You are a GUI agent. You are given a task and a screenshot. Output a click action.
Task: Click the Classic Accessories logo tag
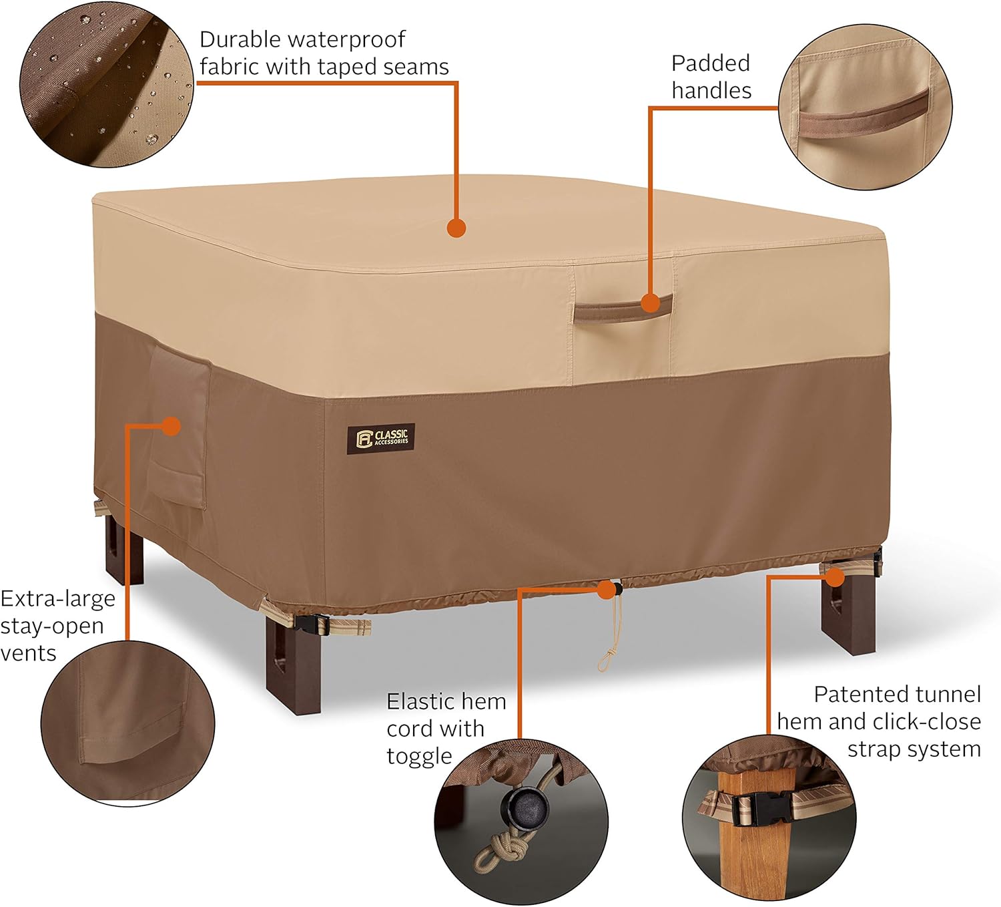(x=381, y=437)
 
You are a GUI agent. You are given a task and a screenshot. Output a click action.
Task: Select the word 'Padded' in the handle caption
(x=711, y=63)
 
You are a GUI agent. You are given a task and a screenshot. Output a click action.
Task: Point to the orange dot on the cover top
(x=456, y=228)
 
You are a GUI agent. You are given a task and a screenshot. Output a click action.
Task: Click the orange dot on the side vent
(x=172, y=425)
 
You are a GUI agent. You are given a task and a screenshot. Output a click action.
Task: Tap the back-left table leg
(x=125, y=548)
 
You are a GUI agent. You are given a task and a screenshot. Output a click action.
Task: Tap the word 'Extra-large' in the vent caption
(x=57, y=598)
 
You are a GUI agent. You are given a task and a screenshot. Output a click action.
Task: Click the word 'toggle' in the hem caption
(x=419, y=756)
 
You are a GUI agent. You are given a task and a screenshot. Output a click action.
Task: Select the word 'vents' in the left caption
(x=28, y=653)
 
